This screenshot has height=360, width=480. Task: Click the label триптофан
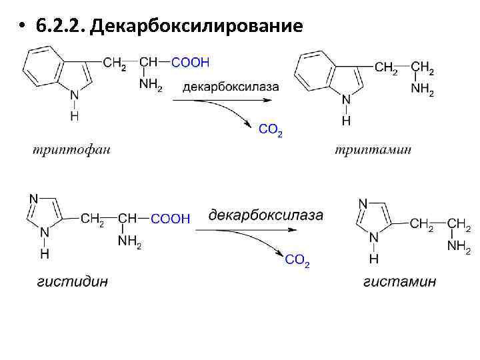[71, 149]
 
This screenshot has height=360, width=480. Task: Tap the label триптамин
[373, 149]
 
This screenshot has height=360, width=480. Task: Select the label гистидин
[72, 281]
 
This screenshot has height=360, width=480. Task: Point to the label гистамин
[400, 281]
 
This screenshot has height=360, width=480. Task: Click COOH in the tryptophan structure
[191, 62]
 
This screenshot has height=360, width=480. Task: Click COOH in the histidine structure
[171, 219]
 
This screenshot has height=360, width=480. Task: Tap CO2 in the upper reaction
[270, 131]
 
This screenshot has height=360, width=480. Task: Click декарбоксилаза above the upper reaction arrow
[231, 86]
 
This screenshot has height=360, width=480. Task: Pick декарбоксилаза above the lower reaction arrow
[266, 215]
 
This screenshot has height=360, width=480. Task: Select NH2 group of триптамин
[423, 91]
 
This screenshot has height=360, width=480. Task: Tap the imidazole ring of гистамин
[372, 219]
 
